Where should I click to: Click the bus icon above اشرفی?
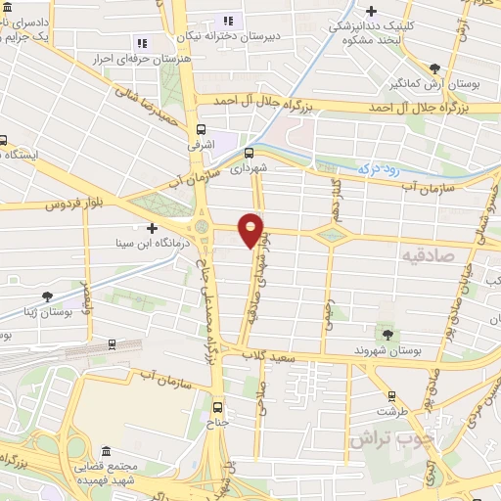(202, 129)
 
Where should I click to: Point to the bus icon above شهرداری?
(249, 152)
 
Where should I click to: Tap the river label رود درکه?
(381, 169)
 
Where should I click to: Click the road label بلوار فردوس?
(72, 205)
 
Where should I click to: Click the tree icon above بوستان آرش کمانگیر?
(434, 69)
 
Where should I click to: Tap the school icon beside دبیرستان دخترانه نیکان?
(227, 20)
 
